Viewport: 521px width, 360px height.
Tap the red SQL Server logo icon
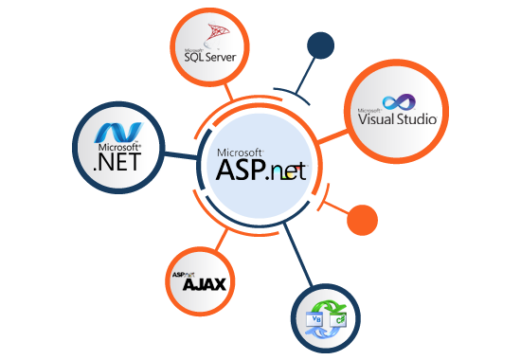[x=214, y=35]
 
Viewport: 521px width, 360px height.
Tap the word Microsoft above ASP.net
[x=240, y=152]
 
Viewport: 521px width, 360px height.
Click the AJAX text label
[x=201, y=284]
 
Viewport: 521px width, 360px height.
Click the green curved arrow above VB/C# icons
[x=327, y=305]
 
